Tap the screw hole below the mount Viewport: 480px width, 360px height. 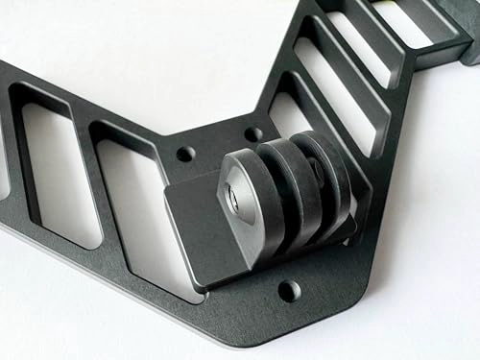288,289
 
